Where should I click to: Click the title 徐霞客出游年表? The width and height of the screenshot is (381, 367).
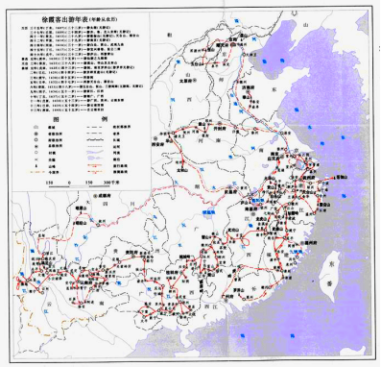coord(53,18)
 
